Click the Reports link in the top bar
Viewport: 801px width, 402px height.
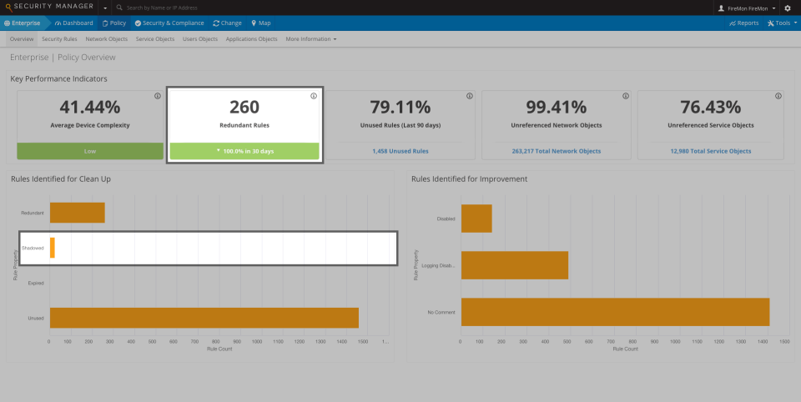click(743, 23)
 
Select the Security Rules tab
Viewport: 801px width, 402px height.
click(59, 39)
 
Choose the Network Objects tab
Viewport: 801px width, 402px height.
click(107, 39)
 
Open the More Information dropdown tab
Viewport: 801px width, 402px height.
click(310, 39)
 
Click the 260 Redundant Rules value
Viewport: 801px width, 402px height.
click(244, 107)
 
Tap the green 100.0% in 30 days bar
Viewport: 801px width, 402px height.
click(244, 151)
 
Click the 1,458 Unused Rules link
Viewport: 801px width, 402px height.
click(400, 151)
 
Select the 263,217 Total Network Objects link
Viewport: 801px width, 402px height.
click(557, 151)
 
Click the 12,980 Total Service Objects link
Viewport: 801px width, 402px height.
click(710, 151)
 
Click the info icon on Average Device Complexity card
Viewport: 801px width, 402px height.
click(158, 96)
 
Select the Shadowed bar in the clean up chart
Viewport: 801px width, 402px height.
click(52, 248)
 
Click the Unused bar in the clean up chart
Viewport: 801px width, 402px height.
click(204, 318)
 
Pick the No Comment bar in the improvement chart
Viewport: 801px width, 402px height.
click(615, 311)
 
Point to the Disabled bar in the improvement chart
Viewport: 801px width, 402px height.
click(476, 219)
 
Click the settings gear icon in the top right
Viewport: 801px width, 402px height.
click(788, 8)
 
